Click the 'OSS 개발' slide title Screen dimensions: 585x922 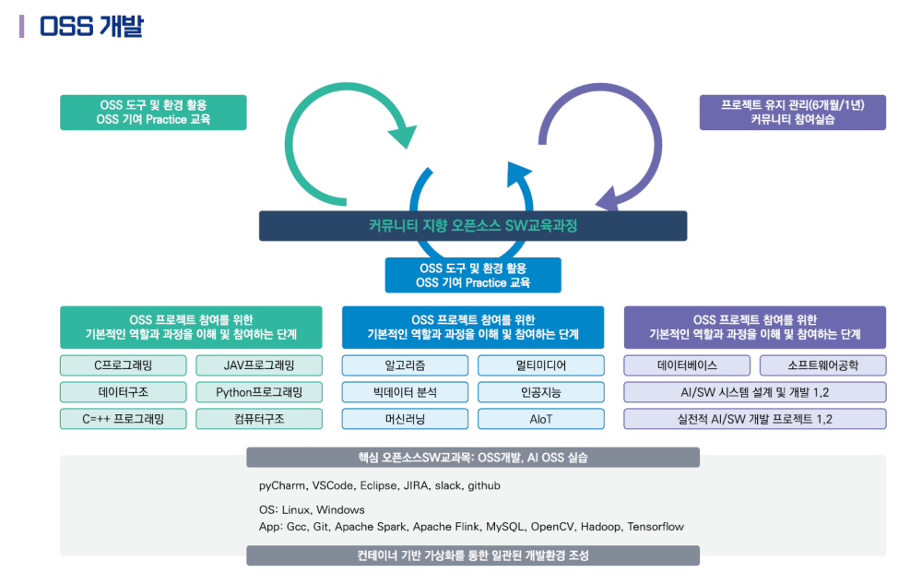click(91, 26)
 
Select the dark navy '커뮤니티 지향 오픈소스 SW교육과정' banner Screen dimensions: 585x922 click(472, 225)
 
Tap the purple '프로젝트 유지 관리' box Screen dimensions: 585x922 click(792, 112)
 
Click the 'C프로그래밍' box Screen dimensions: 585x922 click(124, 365)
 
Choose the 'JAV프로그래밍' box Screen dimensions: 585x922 click(259, 365)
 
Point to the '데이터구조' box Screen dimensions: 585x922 click(124, 392)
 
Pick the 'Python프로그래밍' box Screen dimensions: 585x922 click(259, 392)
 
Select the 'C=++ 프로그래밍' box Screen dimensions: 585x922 click(124, 419)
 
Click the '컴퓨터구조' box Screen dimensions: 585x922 click(259, 419)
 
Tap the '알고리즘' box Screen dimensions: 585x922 click(405, 365)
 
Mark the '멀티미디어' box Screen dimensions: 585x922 click(541, 365)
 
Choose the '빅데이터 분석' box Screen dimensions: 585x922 click(405, 392)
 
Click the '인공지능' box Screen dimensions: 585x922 click(541, 392)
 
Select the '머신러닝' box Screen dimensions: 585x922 click(405, 419)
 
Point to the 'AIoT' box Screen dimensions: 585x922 click(541, 419)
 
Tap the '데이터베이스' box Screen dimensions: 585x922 click(687, 365)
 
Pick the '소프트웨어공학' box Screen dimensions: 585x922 click(822, 365)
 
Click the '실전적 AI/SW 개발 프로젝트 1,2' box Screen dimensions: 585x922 click(755, 419)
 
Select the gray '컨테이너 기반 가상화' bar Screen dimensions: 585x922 click(472, 555)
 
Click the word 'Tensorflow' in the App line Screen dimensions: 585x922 click(656, 527)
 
